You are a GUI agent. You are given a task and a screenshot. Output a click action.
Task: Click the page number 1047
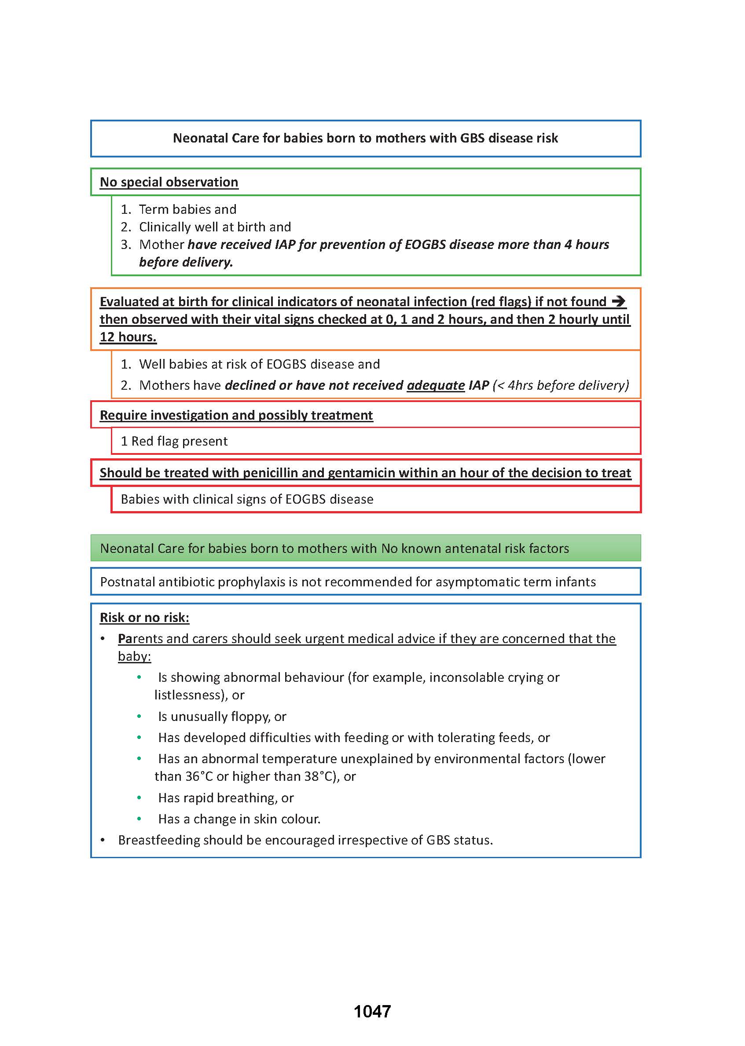click(x=372, y=1011)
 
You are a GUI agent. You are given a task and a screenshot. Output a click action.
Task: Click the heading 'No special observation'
click(x=169, y=182)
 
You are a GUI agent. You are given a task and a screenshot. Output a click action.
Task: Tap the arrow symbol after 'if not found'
click(x=618, y=301)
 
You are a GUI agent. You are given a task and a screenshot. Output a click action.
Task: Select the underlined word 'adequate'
click(x=435, y=385)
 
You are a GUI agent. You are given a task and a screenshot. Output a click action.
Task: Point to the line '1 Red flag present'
click(x=174, y=441)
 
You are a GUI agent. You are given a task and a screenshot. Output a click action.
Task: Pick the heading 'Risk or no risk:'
click(x=144, y=618)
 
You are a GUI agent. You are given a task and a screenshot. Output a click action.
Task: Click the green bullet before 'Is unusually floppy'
click(x=139, y=716)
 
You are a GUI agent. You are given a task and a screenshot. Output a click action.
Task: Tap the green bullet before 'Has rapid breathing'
click(x=139, y=798)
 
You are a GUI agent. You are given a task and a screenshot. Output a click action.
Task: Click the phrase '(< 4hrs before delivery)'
click(x=561, y=385)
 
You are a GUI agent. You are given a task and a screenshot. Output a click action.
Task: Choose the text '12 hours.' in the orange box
click(x=128, y=337)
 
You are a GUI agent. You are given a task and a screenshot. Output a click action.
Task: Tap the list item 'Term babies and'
click(x=187, y=209)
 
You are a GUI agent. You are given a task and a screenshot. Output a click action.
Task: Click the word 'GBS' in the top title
click(x=472, y=138)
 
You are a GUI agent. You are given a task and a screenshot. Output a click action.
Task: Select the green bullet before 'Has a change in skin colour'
click(x=139, y=819)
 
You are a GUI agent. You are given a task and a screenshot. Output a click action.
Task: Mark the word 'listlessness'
click(x=190, y=695)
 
